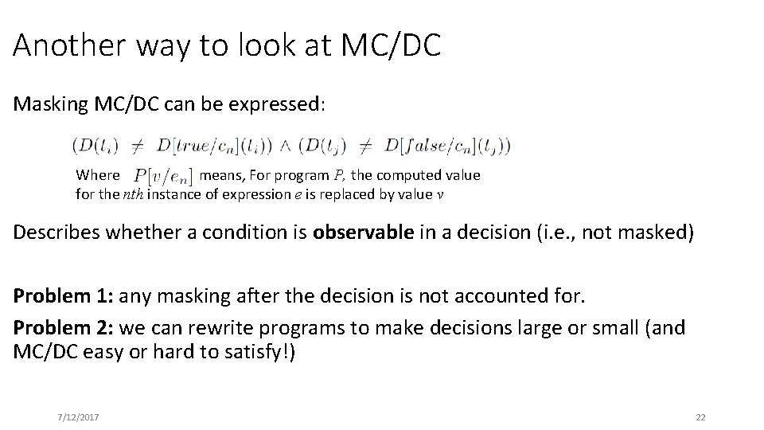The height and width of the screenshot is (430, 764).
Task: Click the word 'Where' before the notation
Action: (97, 175)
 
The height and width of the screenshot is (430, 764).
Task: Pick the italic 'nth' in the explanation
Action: (134, 194)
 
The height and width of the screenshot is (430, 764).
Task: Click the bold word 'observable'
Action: (364, 233)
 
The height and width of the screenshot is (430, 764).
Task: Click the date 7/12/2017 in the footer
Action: (78, 417)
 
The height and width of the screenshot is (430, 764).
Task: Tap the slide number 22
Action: (700, 417)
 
